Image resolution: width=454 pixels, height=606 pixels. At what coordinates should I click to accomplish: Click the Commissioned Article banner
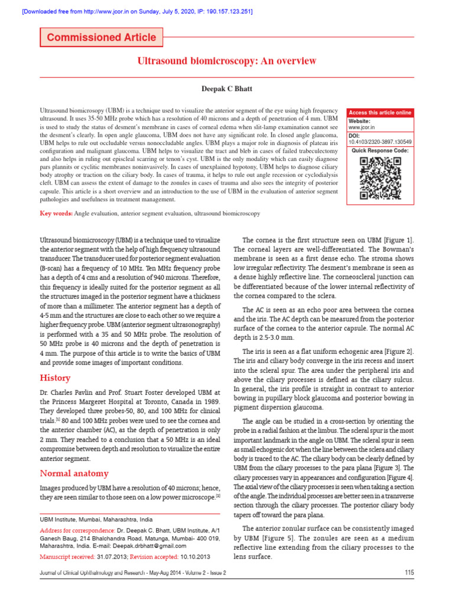coord(101,37)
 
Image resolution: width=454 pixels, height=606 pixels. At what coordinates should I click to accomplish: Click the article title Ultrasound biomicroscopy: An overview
coord(227,61)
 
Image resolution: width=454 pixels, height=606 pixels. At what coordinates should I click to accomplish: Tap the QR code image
coord(380,179)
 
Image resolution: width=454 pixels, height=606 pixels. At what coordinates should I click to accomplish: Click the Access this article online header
coord(380,112)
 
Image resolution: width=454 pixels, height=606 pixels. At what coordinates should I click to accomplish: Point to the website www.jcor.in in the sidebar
coord(361,127)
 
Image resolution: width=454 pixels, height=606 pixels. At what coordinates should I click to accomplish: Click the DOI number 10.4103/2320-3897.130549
coord(380,142)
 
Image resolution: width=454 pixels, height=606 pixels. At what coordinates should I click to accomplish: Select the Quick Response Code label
coord(380,151)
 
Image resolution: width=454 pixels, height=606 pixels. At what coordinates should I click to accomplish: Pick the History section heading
coord(55,378)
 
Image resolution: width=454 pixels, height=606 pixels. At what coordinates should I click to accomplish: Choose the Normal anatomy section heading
coord(74,473)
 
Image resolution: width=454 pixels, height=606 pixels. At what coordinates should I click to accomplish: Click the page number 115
coord(409,572)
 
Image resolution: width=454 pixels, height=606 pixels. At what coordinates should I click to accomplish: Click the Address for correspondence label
coord(77,530)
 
